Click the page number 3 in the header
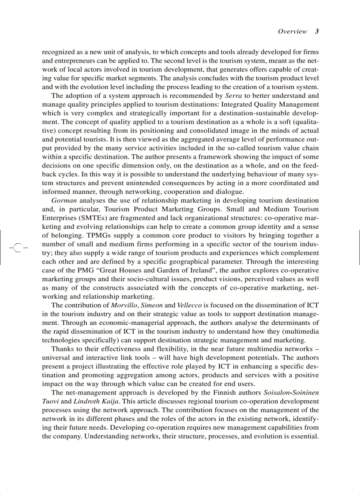click(317, 31)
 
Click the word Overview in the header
click(292, 31)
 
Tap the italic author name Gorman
click(63, 200)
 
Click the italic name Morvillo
click(124, 305)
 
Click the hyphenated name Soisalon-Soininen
click(291, 392)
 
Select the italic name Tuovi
click(50, 401)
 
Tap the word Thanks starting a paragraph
click(62, 349)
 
